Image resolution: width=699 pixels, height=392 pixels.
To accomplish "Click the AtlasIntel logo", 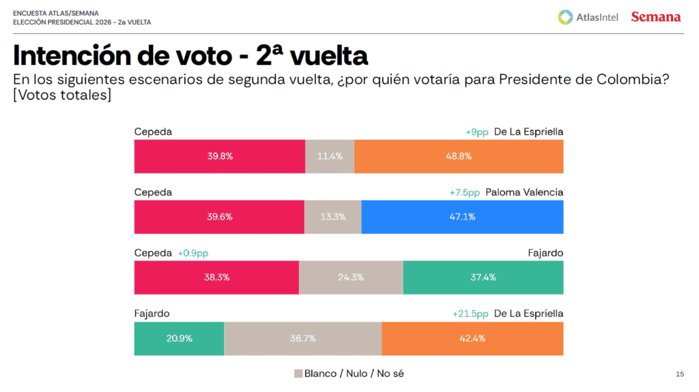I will pos(588,16).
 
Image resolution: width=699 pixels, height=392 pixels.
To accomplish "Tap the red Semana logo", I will pos(655,16).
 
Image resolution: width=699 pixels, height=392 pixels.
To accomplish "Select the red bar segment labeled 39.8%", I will pos(220,156).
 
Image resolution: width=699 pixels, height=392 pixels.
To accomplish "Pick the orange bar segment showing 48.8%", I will pos(459,156).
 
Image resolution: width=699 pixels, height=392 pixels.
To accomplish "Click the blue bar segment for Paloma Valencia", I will pos(462,217).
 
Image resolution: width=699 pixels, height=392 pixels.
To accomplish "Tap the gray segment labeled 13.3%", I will pos(332,217).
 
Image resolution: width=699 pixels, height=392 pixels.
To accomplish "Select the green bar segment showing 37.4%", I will pos(483,277).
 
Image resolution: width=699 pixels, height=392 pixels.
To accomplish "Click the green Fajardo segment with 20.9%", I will pos(179,339).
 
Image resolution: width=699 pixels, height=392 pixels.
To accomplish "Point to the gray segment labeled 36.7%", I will pos(302,339).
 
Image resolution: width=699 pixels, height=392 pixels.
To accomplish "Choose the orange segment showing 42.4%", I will pos(472,339).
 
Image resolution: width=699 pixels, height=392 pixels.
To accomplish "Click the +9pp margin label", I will pos(477,132).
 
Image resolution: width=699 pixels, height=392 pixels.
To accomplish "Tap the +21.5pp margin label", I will pos(470,314).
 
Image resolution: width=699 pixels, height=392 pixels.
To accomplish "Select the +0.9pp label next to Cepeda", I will pos(193,253).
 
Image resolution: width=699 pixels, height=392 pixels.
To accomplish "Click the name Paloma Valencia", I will pos(524,192).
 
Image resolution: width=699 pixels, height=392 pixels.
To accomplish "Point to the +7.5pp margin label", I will pos(464,192).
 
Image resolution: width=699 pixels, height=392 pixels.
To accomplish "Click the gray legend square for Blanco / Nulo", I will pos(298,374).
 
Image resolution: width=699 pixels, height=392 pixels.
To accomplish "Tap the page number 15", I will pos(679,374).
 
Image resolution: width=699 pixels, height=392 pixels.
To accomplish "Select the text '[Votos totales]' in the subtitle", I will pos(62,95).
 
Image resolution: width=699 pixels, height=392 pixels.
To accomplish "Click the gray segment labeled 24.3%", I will pos(351,277).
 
